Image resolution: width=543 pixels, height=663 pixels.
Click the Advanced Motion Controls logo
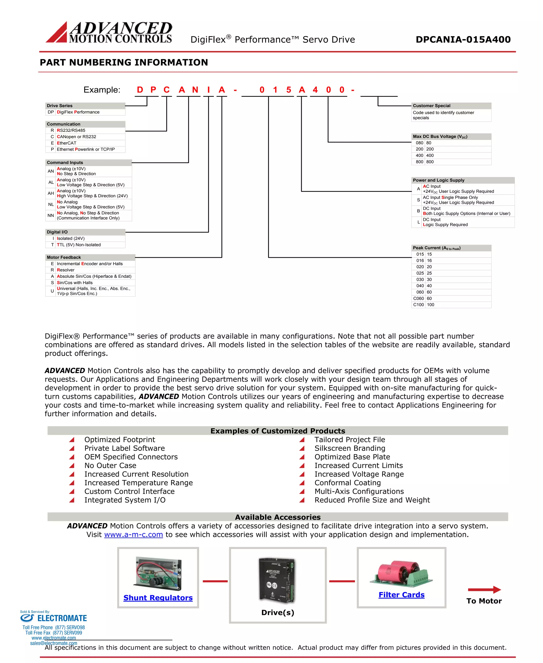(x=109, y=32)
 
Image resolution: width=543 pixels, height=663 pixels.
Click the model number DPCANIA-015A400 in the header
(x=463, y=40)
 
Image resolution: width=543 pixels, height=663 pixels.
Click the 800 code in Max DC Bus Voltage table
(x=419, y=162)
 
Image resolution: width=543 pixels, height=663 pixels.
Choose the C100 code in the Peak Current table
(x=418, y=304)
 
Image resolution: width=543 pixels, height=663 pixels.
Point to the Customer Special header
(x=431, y=106)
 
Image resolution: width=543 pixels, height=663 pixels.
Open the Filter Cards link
(x=401, y=595)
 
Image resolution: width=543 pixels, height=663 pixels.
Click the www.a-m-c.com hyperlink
(x=134, y=534)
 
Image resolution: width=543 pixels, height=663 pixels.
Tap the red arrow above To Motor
(x=484, y=590)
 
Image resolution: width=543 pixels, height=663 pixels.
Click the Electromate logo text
(x=62, y=618)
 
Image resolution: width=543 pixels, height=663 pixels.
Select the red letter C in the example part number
(x=167, y=90)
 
